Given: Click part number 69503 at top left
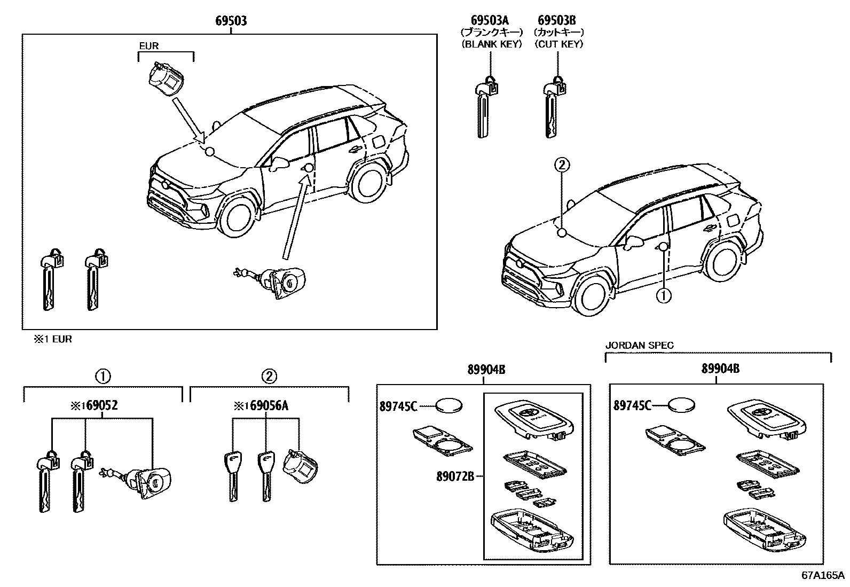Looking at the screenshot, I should [231, 21].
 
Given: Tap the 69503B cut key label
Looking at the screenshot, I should [556, 21].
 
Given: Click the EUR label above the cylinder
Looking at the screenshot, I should [148, 46].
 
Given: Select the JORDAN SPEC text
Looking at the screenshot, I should [639, 346].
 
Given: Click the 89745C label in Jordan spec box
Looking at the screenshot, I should [632, 406].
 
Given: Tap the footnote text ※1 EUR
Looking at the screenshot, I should [53, 339].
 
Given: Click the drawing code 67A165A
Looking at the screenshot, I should [822, 575].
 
